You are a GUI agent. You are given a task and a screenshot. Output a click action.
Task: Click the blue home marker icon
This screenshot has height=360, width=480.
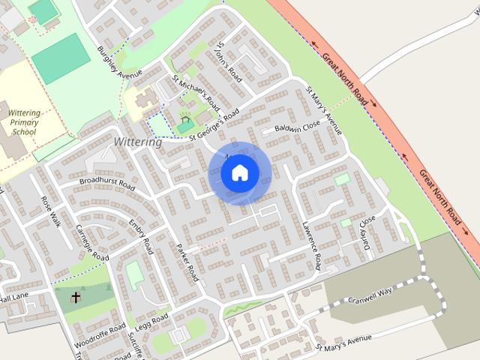(x=240, y=173)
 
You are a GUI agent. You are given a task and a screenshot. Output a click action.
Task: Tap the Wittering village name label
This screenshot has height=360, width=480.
(x=137, y=142)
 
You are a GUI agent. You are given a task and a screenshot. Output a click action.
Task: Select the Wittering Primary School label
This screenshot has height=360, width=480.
(x=24, y=121)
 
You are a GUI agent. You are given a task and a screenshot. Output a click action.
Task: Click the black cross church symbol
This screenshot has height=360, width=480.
(x=75, y=298)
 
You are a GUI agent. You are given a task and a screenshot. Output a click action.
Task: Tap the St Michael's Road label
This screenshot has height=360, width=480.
(x=196, y=91)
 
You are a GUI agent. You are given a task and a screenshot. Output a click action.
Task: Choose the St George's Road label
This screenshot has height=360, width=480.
(x=214, y=124)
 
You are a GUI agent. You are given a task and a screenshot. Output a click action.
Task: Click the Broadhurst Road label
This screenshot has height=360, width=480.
(x=106, y=183)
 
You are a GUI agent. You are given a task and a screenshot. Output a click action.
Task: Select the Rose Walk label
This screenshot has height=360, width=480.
(x=51, y=211)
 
